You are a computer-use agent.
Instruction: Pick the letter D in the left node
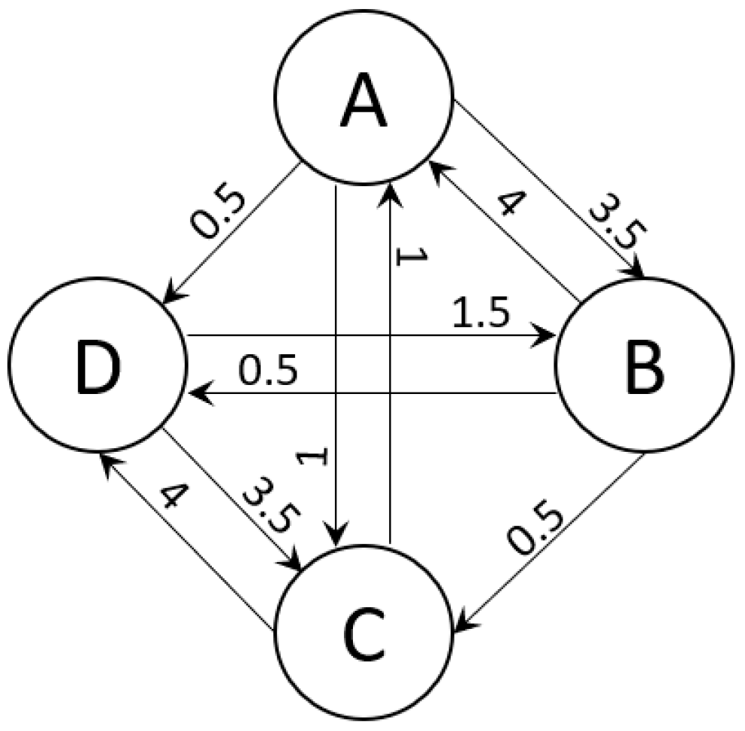click(x=95, y=368)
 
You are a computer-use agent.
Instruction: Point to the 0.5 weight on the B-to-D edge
click(x=269, y=370)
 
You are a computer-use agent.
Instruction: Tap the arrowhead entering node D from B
click(x=197, y=392)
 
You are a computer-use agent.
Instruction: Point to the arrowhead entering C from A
click(x=336, y=539)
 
